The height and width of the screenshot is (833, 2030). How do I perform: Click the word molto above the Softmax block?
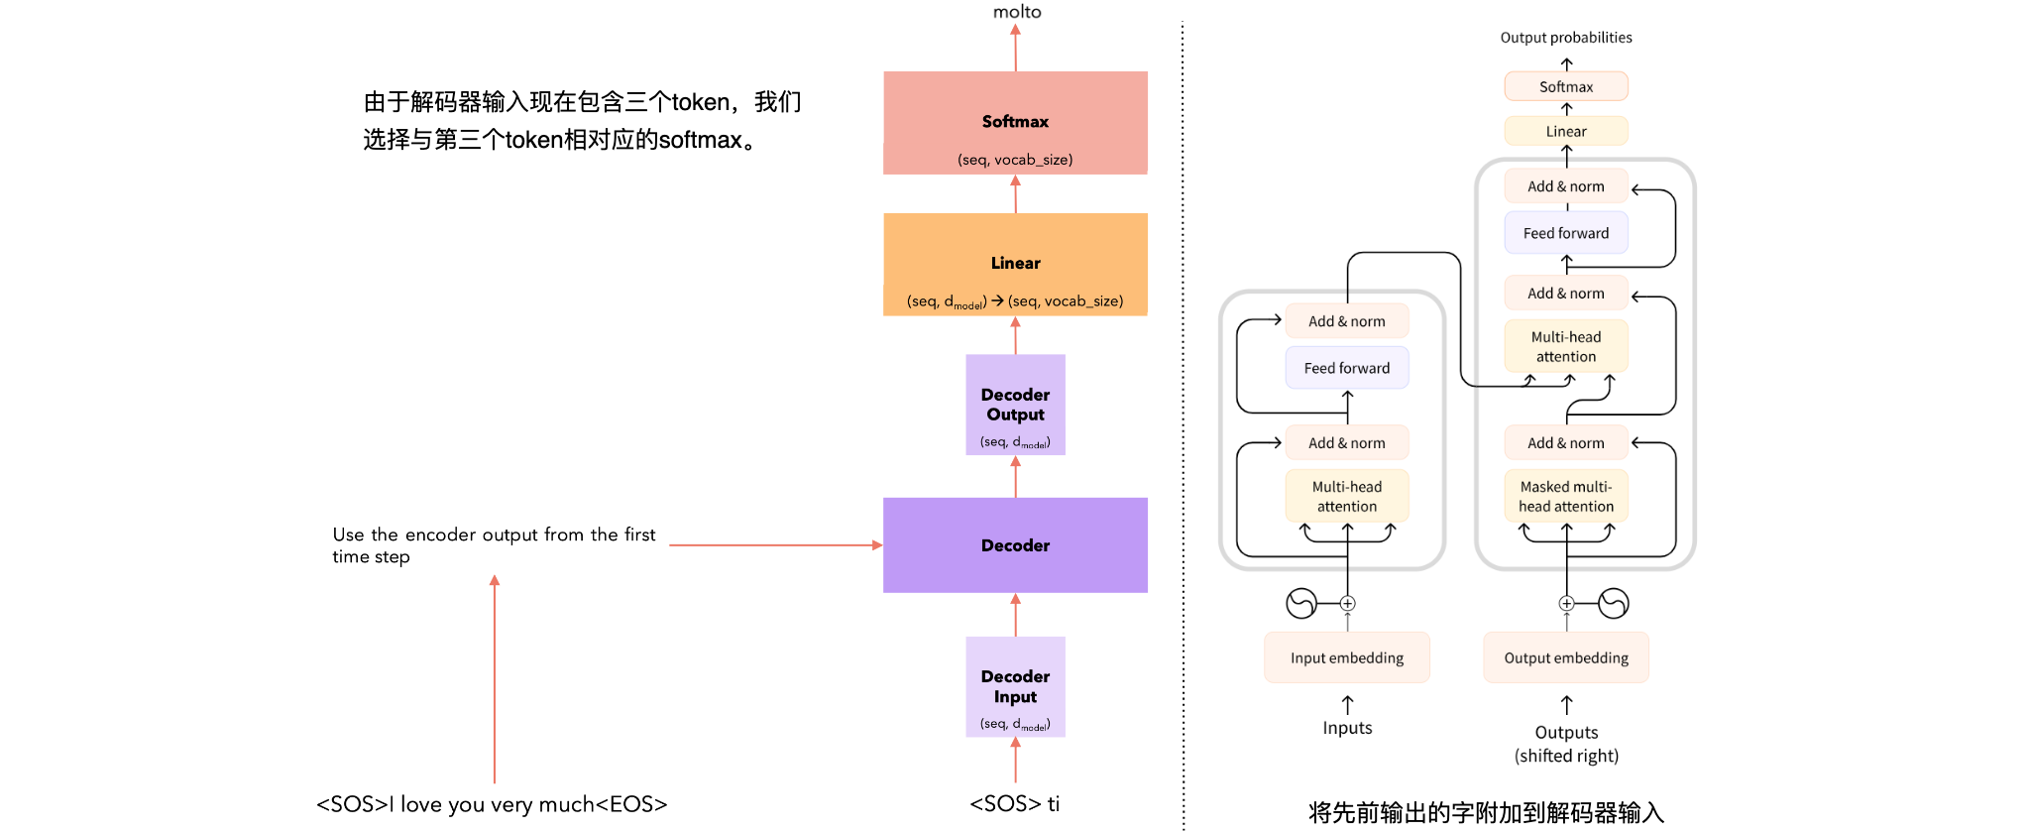[x=1017, y=12]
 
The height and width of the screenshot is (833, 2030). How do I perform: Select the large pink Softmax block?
[x=1015, y=123]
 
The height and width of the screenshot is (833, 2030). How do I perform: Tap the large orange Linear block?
[x=1015, y=264]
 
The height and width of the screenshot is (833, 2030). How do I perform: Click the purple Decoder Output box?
[x=1015, y=405]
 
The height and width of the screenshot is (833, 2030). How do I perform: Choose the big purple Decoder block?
[x=1015, y=545]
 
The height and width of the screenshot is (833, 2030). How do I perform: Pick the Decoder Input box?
[x=1015, y=686]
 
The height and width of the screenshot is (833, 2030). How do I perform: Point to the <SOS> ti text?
[x=1014, y=803]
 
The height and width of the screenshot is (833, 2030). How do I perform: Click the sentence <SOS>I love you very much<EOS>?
[x=492, y=804]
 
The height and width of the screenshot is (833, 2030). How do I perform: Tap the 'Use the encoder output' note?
[x=494, y=545]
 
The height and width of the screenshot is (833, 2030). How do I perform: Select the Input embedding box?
[x=1347, y=657]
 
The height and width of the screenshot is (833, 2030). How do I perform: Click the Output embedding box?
[x=1566, y=657]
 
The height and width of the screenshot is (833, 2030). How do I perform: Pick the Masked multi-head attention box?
[x=1566, y=496]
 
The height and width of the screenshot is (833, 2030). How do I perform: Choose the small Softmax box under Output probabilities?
[x=1566, y=86]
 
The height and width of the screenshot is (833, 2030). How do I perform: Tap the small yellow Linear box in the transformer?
[x=1566, y=131]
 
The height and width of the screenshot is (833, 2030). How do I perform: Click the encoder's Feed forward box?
[x=1347, y=368]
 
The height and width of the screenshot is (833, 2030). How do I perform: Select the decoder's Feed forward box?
[x=1566, y=233]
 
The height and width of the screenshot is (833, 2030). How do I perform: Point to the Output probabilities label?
[x=1566, y=38]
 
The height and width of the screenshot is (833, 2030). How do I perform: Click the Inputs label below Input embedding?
[x=1347, y=728]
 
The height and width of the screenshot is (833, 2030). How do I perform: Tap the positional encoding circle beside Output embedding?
[x=1614, y=603]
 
